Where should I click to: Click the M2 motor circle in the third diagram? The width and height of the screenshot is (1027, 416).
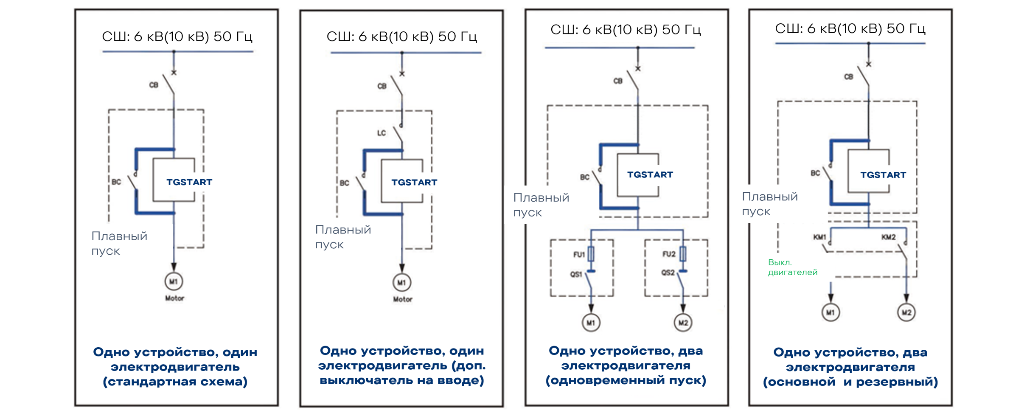pos(683,323)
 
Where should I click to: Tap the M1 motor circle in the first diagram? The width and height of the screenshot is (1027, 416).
pos(174,281)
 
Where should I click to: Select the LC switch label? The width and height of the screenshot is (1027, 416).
pos(382,133)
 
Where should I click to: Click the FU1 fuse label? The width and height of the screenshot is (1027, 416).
pos(579,255)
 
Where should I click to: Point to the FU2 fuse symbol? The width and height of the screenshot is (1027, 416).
pos(683,254)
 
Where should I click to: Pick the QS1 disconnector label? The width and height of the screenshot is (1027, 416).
pos(576,274)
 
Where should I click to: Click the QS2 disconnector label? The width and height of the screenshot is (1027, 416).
pos(668,273)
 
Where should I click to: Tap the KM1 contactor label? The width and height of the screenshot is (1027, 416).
pos(819,237)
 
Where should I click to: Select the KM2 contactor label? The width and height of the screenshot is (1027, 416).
pos(888,237)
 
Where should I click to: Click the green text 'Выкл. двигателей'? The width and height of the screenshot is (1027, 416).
pos(792,267)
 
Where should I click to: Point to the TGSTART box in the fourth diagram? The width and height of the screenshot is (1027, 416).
pos(869,171)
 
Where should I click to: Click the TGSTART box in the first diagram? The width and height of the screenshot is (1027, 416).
pos(174,180)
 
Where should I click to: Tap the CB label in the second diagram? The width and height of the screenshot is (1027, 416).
pos(382,86)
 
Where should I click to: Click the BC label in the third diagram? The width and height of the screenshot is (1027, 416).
pos(585,177)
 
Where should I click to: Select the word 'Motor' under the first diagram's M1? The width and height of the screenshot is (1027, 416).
pos(174,298)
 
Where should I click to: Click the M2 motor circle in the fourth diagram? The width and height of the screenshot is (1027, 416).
pos(906,312)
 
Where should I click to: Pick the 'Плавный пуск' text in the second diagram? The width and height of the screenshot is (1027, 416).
pos(343,237)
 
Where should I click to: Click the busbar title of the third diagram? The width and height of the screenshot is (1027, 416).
pos(626,30)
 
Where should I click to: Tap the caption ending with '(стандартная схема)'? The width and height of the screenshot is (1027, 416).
pos(175,367)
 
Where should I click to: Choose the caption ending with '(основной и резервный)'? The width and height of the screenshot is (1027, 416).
pos(850,367)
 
